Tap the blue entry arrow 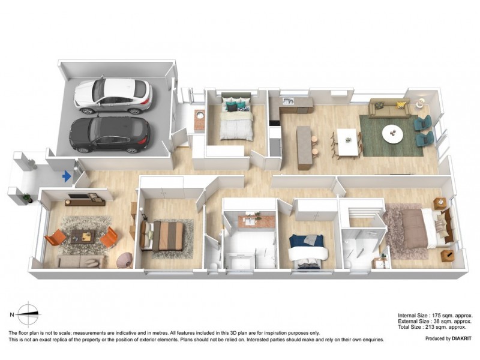tap(67, 176)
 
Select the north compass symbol tap(28, 314)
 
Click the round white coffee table tap(393, 133)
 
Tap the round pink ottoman tap(124, 259)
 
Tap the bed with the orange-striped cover tap(167, 236)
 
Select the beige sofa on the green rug tap(389, 107)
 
